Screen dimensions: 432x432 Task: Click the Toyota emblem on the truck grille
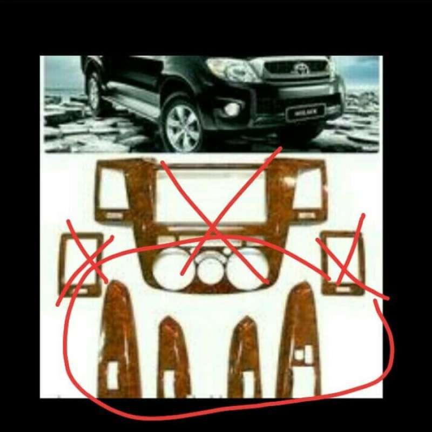pyautogui.click(x=301, y=68)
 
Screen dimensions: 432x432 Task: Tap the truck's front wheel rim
pyautogui.click(x=183, y=127)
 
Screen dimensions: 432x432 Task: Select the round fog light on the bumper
pyautogui.click(x=233, y=109)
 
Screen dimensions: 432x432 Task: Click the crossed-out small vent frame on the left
pyautogui.click(x=81, y=263)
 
